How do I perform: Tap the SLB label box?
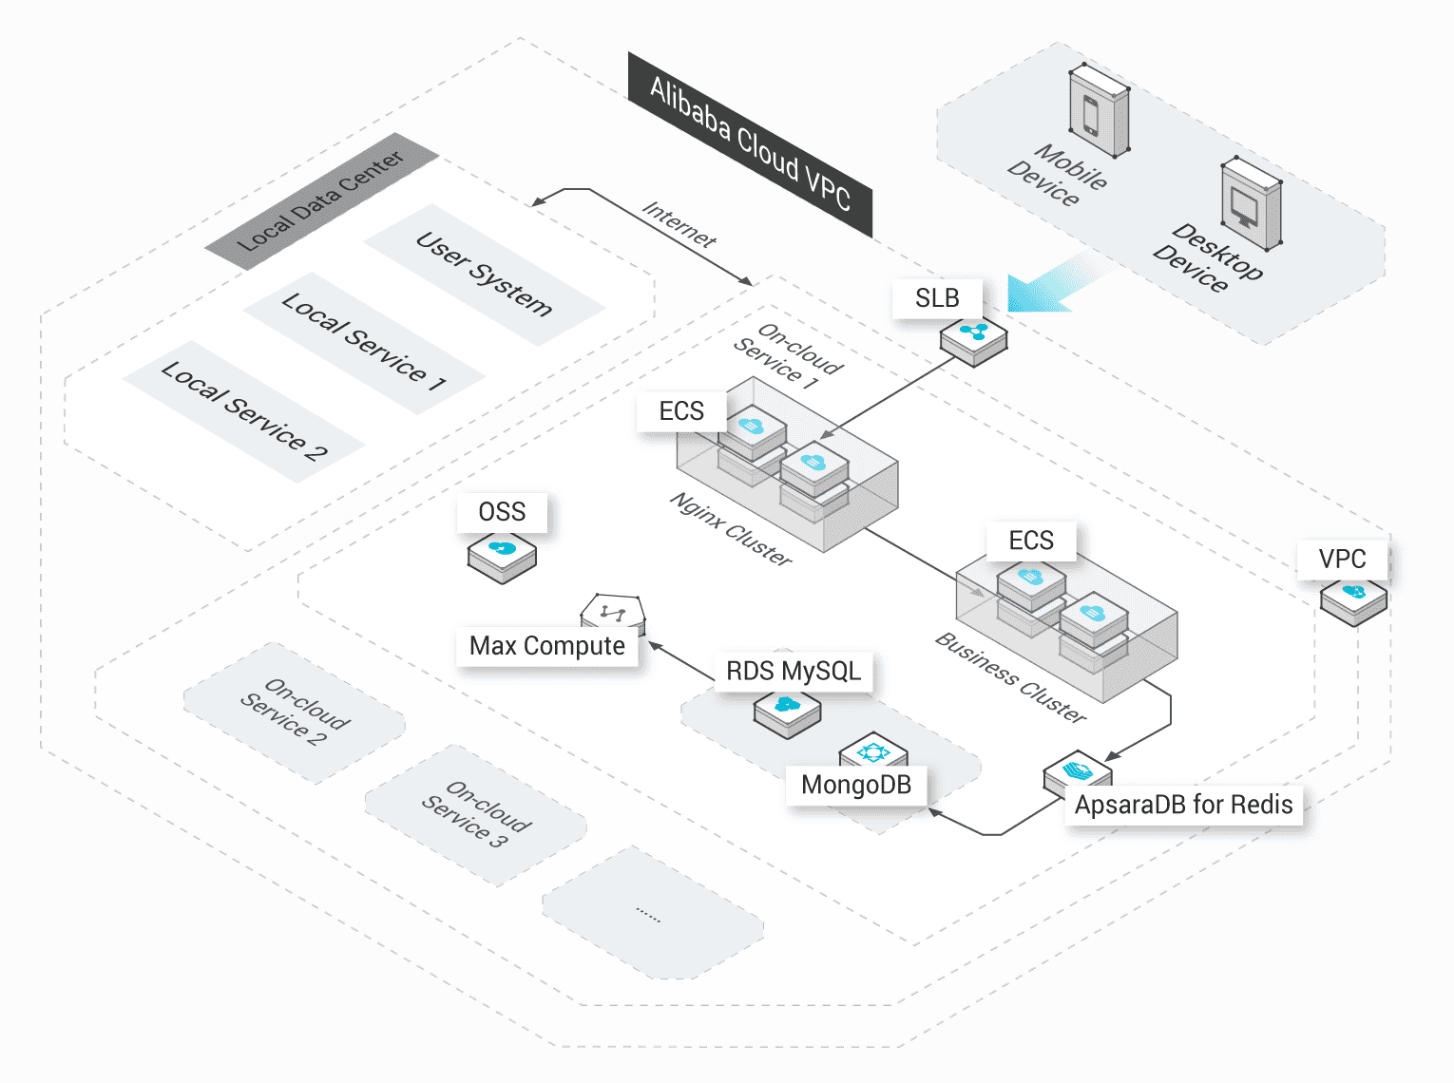click(937, 298)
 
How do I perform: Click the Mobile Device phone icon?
click(1099, 110)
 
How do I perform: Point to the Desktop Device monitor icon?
click(1250, 203)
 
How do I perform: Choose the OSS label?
click(502, 512)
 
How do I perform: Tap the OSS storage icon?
click(502, 555)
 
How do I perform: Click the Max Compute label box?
click(547, 646)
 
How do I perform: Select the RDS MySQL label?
click(794, 671)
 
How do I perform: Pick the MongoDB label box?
click(856, 785)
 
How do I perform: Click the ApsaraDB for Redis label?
click(1183, 805)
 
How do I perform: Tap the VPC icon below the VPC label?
click(1353, 598)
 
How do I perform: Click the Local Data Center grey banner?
click(321, 201)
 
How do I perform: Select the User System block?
click(485, 275)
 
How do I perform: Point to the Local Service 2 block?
click(244, 411)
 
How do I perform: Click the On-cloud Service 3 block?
click(476, 815)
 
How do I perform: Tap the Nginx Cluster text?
click(731, 529)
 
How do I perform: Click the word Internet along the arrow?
click(679, 224)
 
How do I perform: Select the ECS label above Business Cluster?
click(1031, 541)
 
